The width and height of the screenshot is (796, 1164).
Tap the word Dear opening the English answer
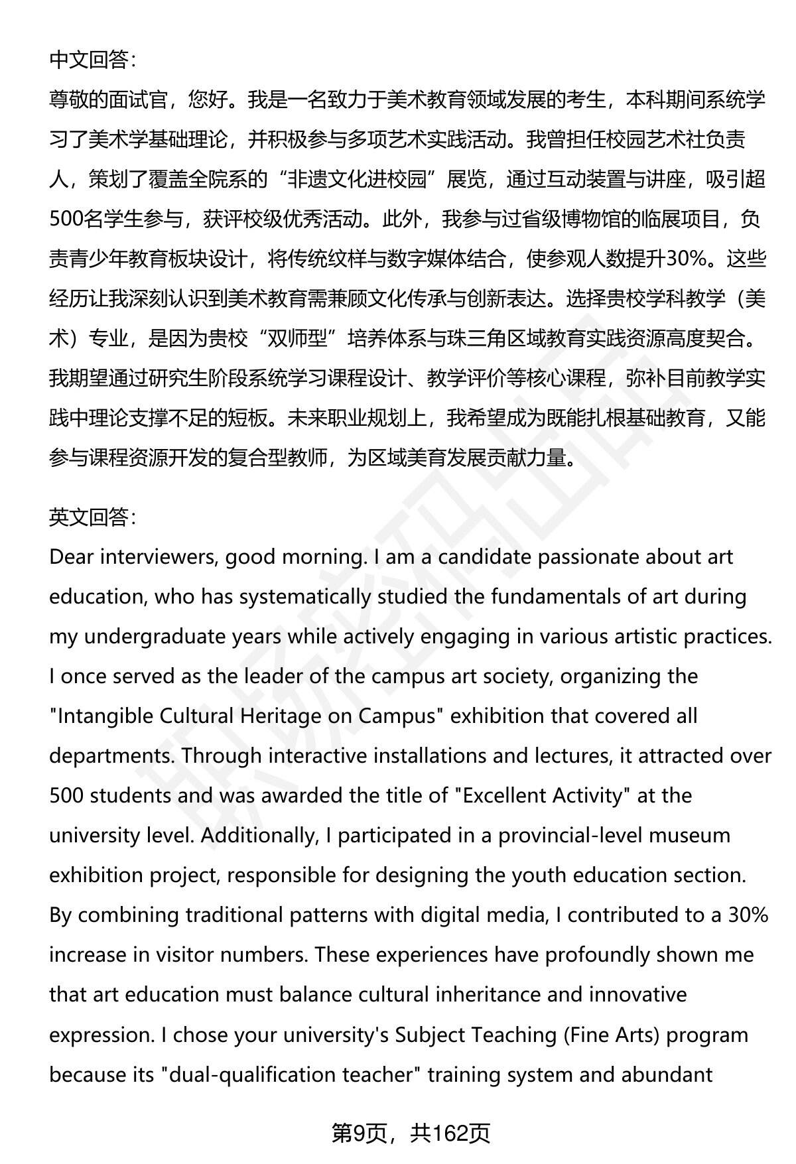click(72, 556)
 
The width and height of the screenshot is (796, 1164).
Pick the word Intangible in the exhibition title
click(104, 716)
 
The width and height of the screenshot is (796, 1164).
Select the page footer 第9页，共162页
click(411, 1133)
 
